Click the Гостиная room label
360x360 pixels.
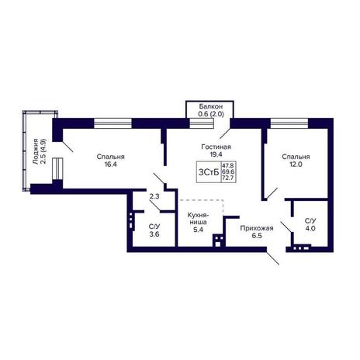coord(216,147)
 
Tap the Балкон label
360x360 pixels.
coord(211,106)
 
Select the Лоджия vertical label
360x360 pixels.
coord(36,151)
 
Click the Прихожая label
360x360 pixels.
coord(257,228)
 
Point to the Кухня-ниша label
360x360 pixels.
coord(198,219)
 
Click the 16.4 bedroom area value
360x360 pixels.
coord(110,164)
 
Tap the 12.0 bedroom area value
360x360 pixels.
coord(296,164)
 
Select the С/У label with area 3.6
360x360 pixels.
coord(154,227)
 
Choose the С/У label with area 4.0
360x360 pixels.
coord(310,221)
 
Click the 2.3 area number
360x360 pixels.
coord(154,196)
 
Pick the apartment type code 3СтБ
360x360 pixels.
coord(209,172)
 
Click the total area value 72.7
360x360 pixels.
coord(229,178)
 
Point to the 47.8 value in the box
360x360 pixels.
coord(229,165)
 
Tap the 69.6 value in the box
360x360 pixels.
coord(229,171)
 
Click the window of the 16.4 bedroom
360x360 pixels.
coord(112,123)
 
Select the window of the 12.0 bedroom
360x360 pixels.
coord(289,123)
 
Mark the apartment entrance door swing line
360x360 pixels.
coord(273,258)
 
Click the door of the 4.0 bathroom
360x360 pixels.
coord(287,227)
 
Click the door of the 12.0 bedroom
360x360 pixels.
coord(272,193)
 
